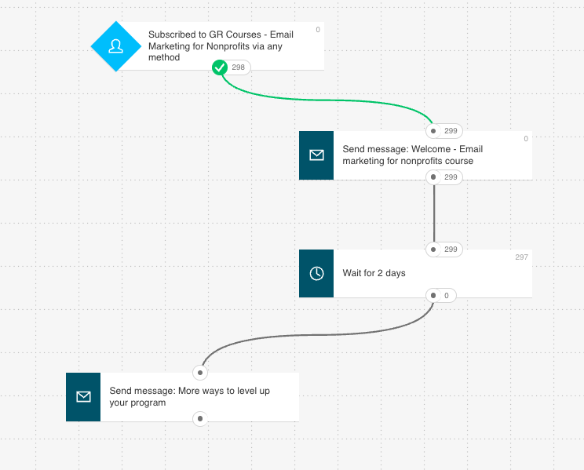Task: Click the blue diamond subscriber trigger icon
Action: tap(116, 46)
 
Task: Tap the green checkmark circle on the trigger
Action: tap(220, 68)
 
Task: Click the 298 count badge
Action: tap(238, 68)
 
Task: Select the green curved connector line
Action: tap(330, 100)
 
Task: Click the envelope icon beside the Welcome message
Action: tap(316, 155)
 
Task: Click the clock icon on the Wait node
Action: tap(316, 273)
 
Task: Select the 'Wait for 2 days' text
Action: tap(374, 273)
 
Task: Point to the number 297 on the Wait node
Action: tap(521, 257)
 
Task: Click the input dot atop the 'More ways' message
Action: tap(201, 373)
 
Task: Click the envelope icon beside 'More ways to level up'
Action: tap(83, 396)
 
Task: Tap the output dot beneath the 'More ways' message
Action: tap(201, 419)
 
